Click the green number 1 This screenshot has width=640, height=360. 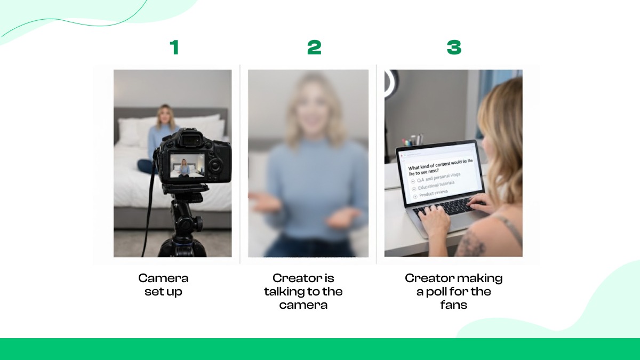click(174, 48)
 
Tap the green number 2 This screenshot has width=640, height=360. click(314, 48)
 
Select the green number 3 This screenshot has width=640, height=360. click(453, 48)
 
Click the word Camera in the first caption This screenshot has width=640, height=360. click(163, 278)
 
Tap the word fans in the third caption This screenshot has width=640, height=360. click(453, 305)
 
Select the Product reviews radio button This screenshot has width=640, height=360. click(415, 197)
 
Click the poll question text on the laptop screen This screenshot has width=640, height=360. click(440, 166)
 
